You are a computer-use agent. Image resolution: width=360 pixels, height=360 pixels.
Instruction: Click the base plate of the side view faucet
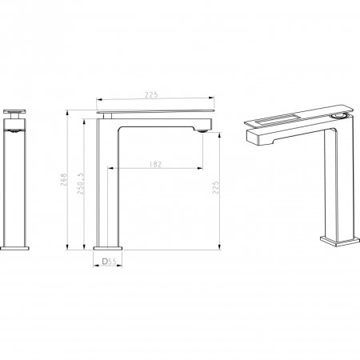[x=106, y=247]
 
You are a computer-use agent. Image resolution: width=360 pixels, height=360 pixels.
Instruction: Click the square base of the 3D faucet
[x=335, y=239]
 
